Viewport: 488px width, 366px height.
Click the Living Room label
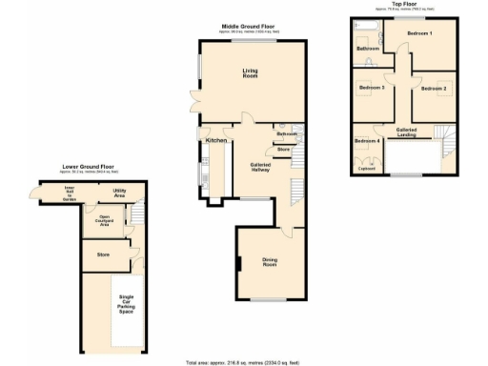[250, 72]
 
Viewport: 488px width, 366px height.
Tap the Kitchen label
[214, 141]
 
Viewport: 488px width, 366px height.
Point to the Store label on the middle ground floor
[283, 150]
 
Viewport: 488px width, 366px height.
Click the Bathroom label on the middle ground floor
[288, 134]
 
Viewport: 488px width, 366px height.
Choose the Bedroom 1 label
[419, 34]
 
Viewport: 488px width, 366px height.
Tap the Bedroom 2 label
[433, 89]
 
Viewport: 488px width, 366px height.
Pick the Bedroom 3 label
[372, 89]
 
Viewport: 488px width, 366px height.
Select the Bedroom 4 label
[366, 141]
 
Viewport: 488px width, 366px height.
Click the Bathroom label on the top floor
[368, 48]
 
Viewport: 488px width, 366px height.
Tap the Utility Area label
[120, 193]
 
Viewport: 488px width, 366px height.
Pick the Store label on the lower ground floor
[103, 254]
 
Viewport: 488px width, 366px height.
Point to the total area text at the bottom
[243, 362]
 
